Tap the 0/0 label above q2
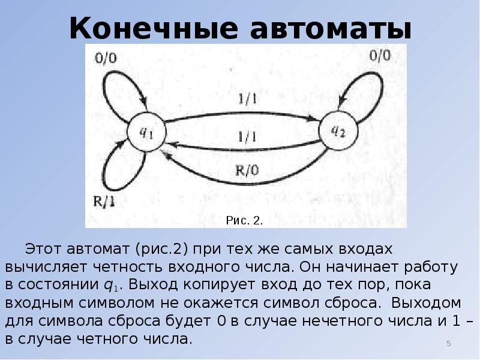click(x=378, y=56)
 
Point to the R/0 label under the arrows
click(x=246, y=170)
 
